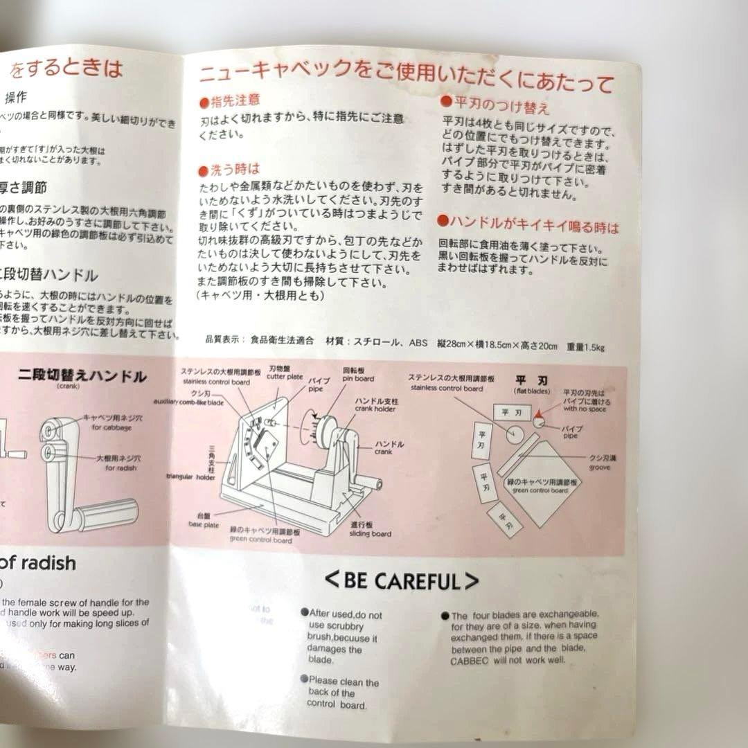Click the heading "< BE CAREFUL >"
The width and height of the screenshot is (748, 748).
(402, 580)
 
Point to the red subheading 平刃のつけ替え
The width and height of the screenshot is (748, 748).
(495, 105)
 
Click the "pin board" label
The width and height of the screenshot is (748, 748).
(358, 379)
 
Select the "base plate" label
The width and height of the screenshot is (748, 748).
(204, 524)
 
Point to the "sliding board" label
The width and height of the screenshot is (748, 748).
(371, 533)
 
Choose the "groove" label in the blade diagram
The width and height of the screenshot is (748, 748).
(600, 467)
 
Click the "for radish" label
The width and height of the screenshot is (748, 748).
(122, 467)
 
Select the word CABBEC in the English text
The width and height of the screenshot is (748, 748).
(472, 660)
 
